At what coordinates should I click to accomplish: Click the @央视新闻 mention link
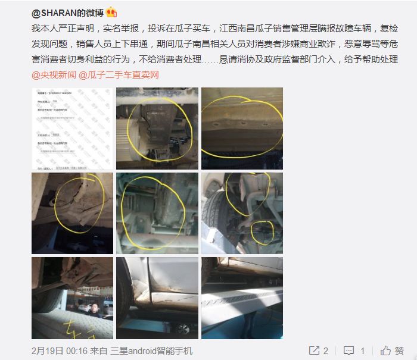click(x=53, y=75)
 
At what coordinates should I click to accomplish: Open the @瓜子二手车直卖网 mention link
click(x=119, y=75)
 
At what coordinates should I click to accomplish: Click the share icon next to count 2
click(x=313, y=350)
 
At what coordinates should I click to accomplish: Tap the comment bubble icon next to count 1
click(x=350, y=350)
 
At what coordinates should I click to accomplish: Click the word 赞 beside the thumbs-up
click(x=399, y=350)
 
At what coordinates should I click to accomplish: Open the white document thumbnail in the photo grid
click(x=71, y=128)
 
